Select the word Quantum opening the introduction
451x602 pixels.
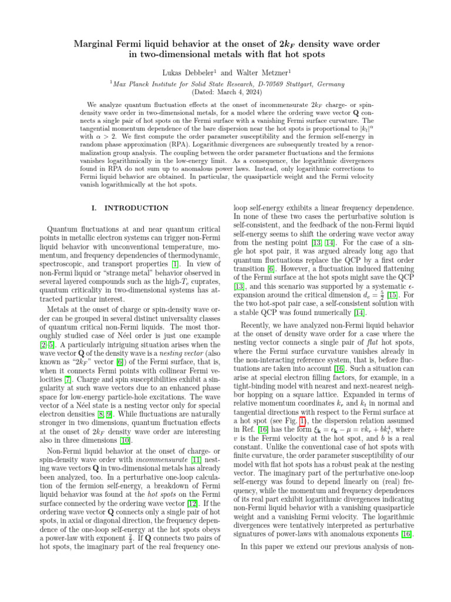[x=62, y=229]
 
